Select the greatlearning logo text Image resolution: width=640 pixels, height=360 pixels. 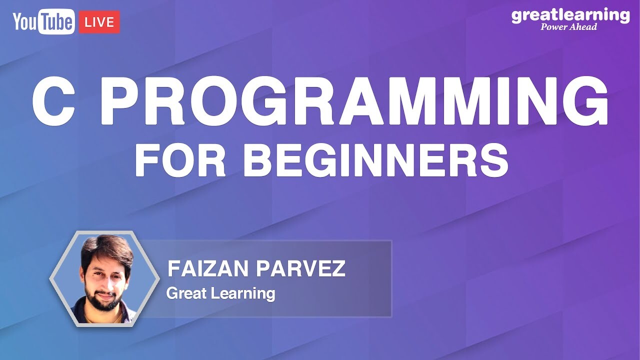click(x=570, y=15)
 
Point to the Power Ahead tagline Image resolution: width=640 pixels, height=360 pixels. click(x=568, y=27)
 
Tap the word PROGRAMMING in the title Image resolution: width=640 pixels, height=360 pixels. click(x=355, y=103)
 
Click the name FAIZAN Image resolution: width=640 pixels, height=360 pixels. click(x=208, y=269)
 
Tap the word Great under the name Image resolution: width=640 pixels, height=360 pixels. click(x=185, y=293)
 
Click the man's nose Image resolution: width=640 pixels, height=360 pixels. click(x=106, y=277)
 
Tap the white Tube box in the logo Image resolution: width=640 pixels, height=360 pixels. click(x=59, y=22)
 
